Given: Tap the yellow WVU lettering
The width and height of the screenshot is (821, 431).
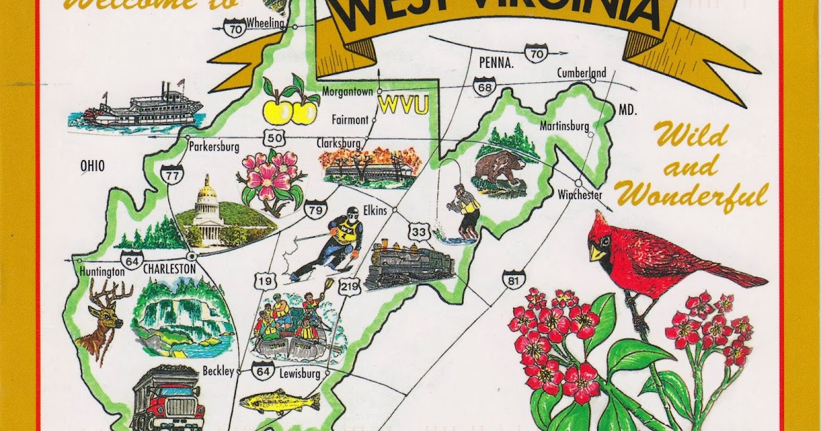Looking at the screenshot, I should click(403, 105).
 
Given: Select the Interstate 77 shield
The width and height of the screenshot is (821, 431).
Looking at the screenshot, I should click(170, 174).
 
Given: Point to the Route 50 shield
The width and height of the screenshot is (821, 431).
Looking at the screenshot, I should click(275, 138).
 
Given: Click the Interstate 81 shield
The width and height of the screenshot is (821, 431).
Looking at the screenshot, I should click(513, 278).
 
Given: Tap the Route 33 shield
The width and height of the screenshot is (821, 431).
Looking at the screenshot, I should click(419, 232).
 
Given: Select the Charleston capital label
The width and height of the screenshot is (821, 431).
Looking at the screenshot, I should click(169, 270).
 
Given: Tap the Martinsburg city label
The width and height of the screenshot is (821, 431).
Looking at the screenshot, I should click(564, 126).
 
